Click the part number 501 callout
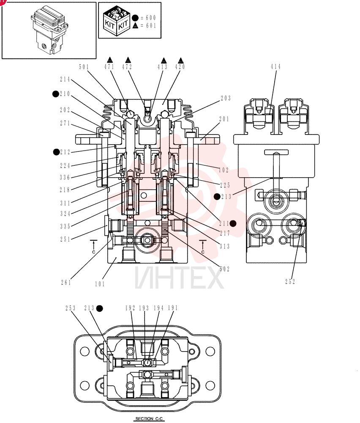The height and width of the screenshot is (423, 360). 84,67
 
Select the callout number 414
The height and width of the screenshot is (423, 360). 275,67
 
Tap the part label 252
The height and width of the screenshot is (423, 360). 290,282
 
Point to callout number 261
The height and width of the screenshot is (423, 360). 66,283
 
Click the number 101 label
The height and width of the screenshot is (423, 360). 100,284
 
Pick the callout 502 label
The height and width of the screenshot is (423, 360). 224,269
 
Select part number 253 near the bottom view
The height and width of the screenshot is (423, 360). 71,308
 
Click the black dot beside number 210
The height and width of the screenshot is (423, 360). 55,94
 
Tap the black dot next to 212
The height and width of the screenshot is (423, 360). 56,152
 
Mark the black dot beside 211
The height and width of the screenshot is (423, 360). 233,223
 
